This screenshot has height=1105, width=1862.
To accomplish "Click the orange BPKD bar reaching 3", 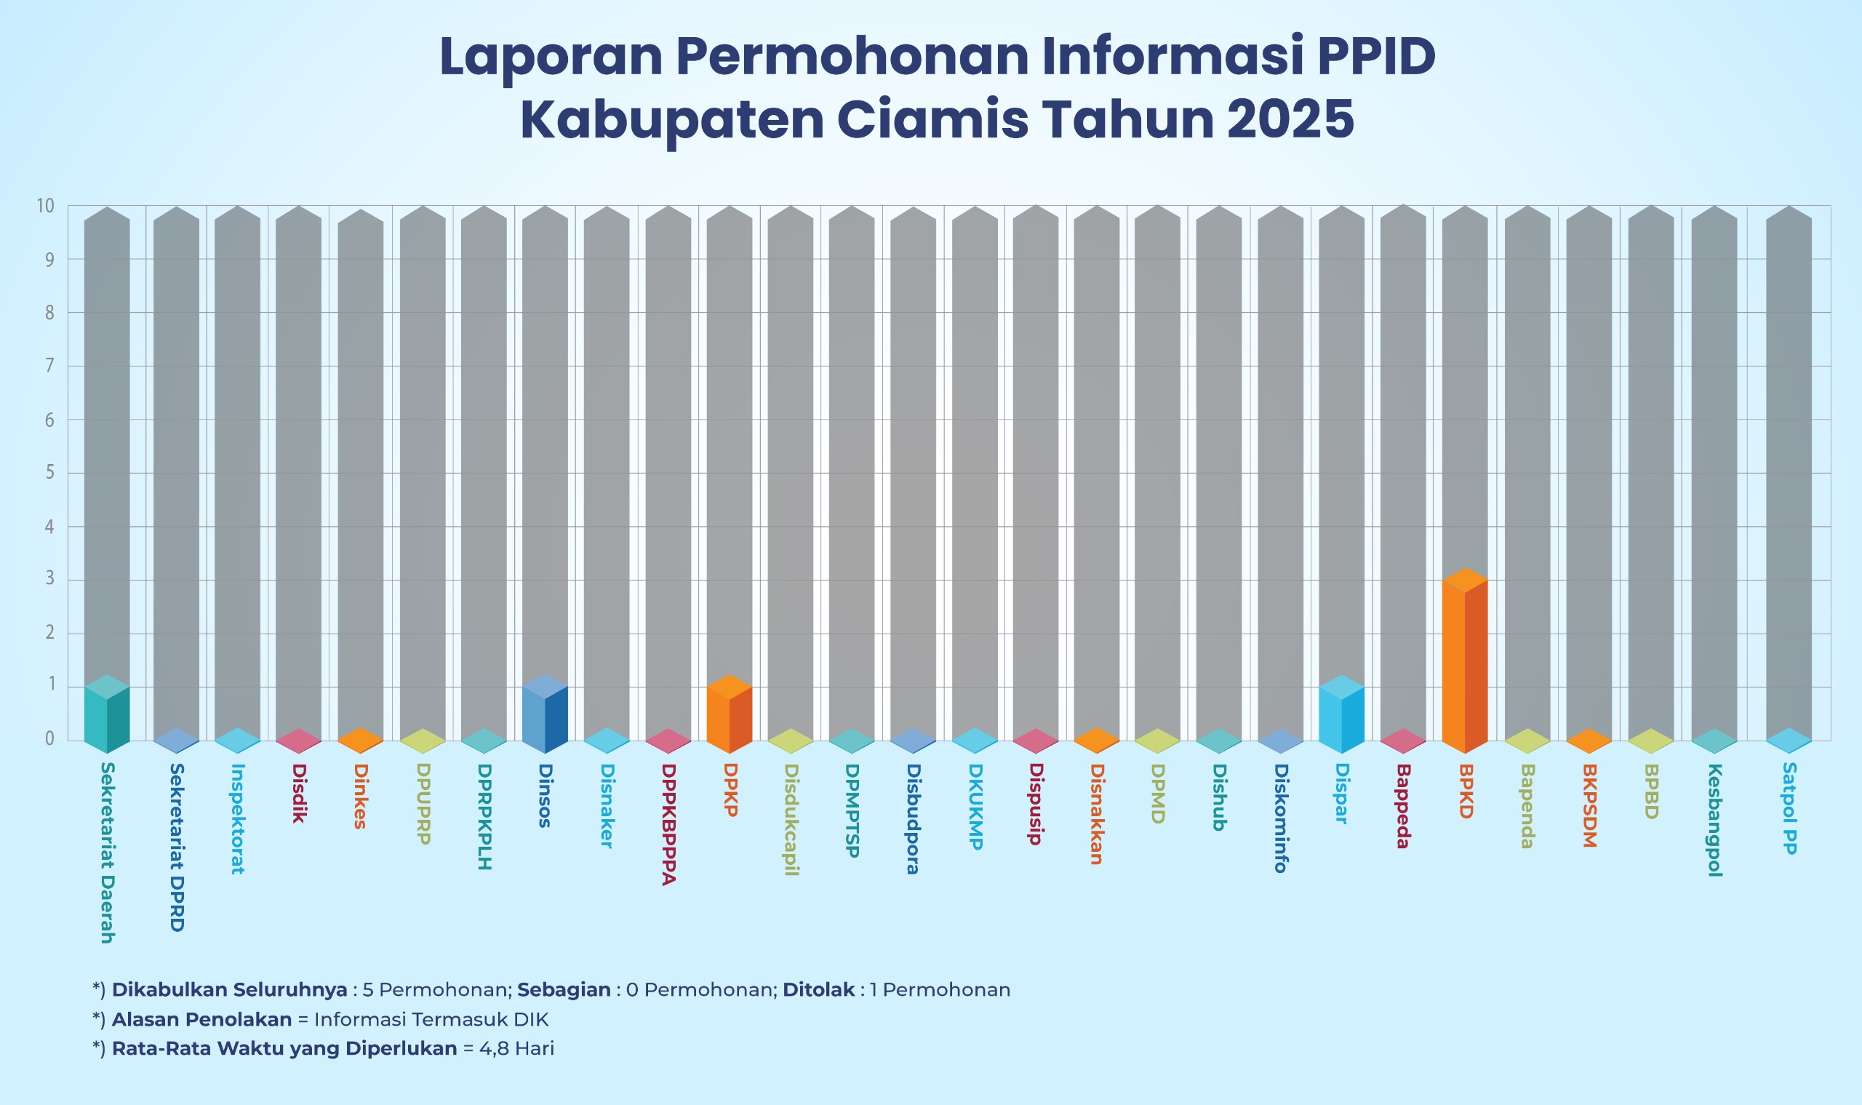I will (1464, 663).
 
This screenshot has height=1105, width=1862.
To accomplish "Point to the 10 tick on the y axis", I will (46, 207).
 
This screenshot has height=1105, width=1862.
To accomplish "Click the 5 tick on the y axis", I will (50, 473).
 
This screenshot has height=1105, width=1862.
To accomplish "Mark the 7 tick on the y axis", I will (50, 366).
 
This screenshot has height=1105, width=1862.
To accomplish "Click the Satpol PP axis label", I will (1790, 809).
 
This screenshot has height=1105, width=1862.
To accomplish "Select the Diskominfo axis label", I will (1281, 818).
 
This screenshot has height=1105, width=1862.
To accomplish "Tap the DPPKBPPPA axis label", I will (668, 824).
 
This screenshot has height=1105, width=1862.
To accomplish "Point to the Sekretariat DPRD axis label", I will (177, 847).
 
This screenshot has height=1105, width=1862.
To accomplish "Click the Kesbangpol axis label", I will (1714, 820).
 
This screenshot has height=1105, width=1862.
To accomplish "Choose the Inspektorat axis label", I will (238, 818).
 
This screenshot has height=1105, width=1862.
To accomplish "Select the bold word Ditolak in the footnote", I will (818, 989).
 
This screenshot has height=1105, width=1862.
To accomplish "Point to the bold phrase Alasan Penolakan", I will (201, 1019).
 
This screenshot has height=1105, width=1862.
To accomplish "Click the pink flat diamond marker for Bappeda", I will (1402, 740).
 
